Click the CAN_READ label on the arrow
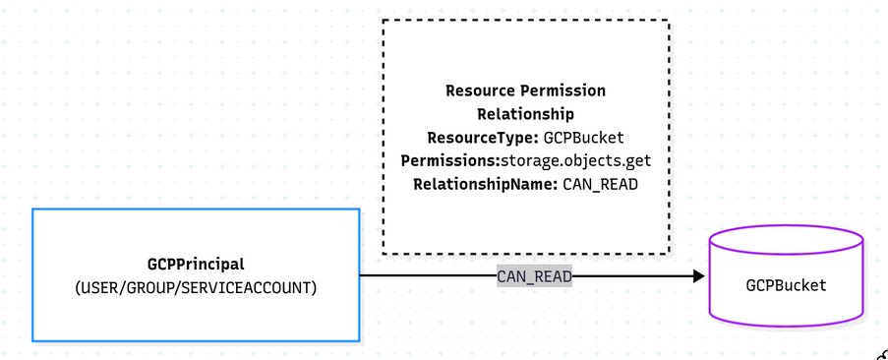click(534, 276)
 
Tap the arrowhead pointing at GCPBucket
click(699, 276)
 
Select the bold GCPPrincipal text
click(196, 264)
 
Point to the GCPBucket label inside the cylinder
click(786, 285)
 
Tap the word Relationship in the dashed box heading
click(525, 114)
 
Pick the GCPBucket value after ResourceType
click(584, 138)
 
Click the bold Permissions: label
click(450, 160)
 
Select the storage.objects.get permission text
click(575, 160)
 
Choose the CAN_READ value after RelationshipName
click(600, 184)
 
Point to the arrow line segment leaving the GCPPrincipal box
click(423, 276)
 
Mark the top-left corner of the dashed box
click(384, 21)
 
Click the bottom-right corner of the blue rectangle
click(359, 340)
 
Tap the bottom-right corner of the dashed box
click(669, 254)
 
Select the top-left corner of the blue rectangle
click(32, 210)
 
